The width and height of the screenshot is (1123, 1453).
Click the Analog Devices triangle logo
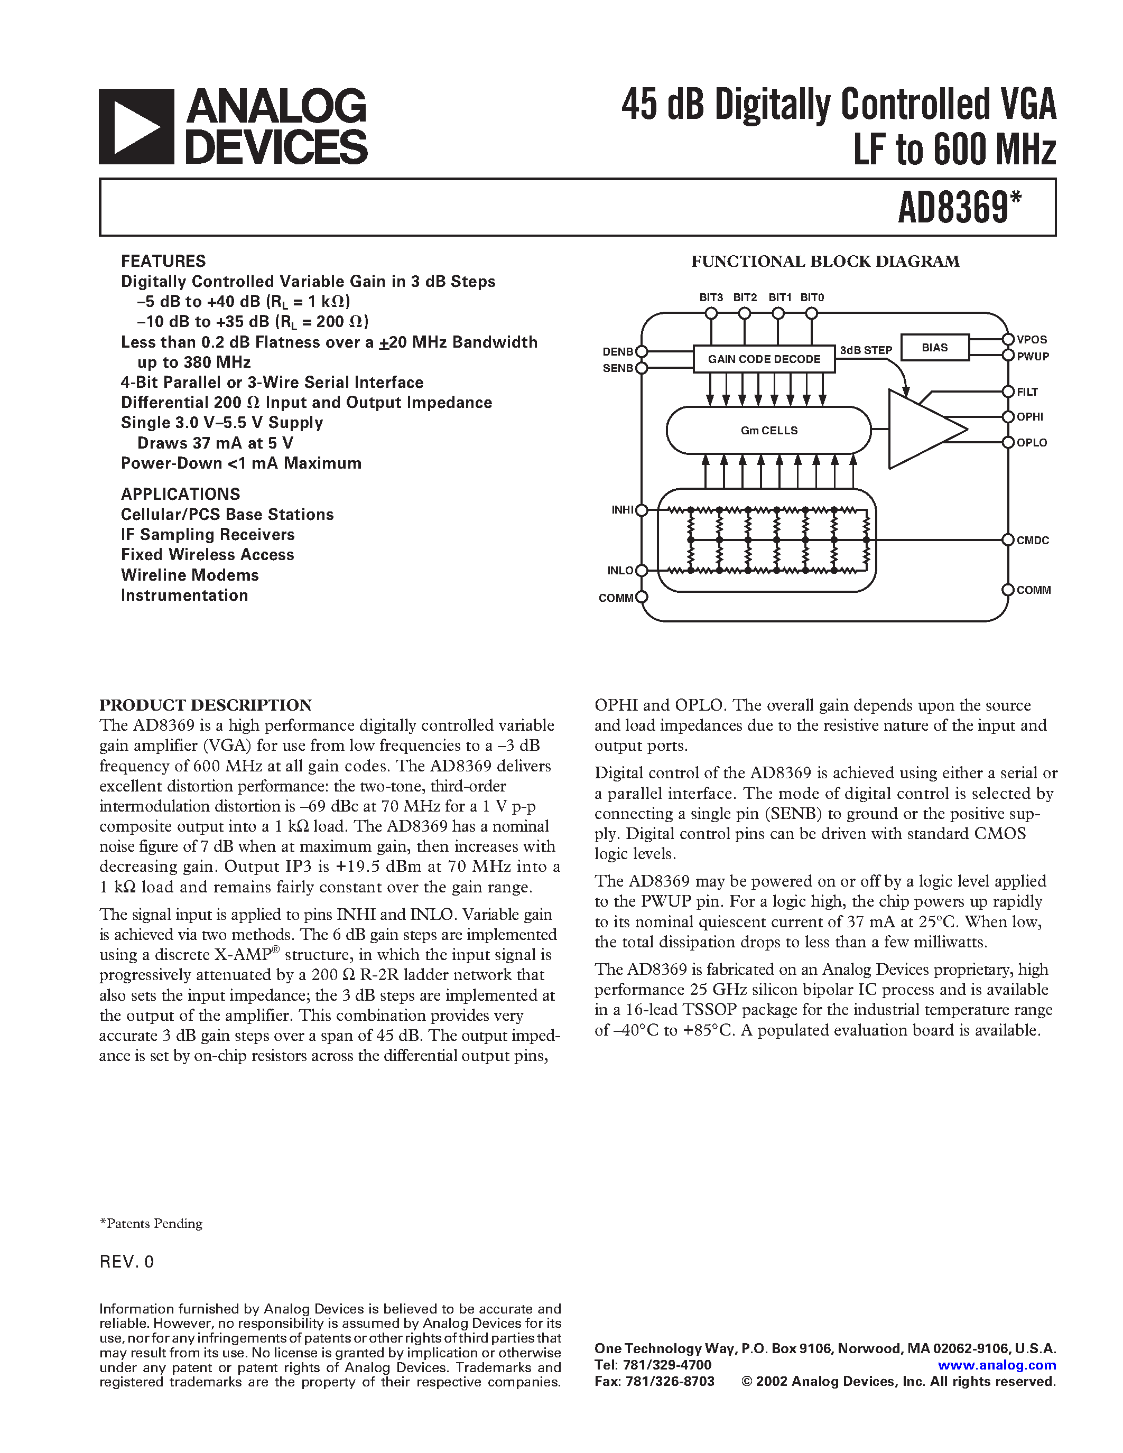pos(136,126)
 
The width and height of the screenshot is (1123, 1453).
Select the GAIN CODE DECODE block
pos(764,359)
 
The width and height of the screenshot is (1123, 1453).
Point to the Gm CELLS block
pos(768,431)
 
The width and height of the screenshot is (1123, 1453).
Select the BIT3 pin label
pos(710,297)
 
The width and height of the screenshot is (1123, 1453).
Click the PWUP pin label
pos(1033,357)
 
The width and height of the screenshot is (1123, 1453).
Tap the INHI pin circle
pos(642,510)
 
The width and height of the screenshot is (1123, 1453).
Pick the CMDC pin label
pos(1033,540)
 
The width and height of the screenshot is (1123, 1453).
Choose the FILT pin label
pos(1027,393)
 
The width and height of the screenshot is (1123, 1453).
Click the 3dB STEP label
pos(866,350)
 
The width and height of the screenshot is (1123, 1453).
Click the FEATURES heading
pos(163,261)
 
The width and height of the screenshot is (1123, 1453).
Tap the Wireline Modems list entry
pos(190,575)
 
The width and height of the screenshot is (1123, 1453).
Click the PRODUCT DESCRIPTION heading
pos(206,705)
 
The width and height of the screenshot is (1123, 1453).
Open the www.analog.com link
pos(997,1365)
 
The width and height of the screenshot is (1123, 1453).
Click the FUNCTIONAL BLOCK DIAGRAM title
pos(825,262)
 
